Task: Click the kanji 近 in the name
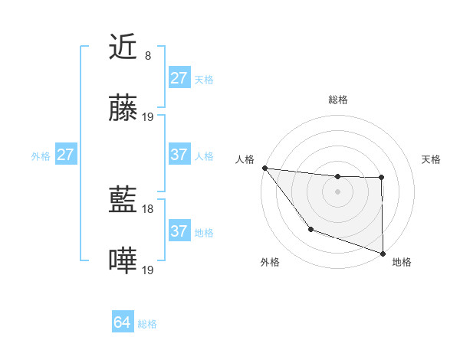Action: point(123,47)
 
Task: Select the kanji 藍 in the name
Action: point(123,201)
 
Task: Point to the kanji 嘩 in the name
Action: point(123,262)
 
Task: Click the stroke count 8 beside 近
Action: point(148,55)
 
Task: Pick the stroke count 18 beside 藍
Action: point(148,208)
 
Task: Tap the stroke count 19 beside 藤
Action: point(148,116)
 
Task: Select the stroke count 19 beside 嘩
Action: point(148,270)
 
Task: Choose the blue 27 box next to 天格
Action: point(179,78)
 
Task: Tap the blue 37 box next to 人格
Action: point(179,155)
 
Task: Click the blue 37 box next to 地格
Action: point(179,231)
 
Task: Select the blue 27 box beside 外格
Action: point(66,155)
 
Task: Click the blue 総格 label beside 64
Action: point(147,324)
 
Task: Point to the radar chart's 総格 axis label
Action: point(338,100)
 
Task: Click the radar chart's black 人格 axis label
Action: point(245,159)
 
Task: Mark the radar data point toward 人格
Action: point(264,168)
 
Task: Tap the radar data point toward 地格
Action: point(383,253)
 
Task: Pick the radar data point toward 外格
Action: point(310,229)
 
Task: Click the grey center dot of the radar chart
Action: point(338,191)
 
